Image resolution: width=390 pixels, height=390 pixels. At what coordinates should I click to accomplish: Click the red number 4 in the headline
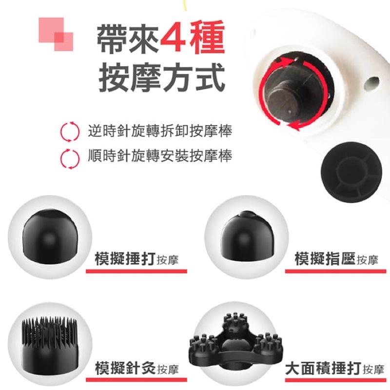pos(173,38)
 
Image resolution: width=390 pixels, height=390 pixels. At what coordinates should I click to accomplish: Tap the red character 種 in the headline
pos(207,38)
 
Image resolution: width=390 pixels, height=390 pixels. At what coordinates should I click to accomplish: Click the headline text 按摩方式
pos(162,78)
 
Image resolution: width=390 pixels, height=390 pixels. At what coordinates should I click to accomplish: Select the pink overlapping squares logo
pos(56,34)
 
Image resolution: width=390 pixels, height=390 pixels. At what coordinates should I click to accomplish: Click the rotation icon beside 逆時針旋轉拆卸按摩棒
pos(70,132)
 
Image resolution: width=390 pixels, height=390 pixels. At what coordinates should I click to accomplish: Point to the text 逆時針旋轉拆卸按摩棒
pos(160,131)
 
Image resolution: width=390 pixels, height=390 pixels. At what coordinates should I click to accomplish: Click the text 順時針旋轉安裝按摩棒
pos(160,156)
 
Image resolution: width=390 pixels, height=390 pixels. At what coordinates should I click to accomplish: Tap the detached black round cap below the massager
pos(351,172)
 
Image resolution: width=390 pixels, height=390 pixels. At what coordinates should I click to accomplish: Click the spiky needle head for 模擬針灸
pos(50,346)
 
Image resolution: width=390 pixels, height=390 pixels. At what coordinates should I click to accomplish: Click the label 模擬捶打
pos(125,259)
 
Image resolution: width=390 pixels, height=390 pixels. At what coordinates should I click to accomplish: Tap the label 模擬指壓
pos(325,259)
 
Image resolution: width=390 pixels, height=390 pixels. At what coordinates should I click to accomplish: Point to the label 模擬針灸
pos(125,368)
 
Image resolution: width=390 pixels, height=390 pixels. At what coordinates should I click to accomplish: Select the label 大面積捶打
pos(323,369)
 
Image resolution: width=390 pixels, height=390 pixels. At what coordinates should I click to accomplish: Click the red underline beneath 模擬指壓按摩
pos(335,271)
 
